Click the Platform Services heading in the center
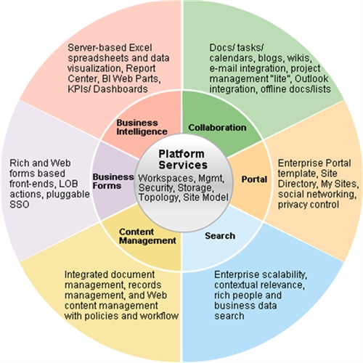[x=183, y=160]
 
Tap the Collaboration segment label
[x=217, y=128]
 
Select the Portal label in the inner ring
[x=254, y=179]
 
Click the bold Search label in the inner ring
[x=220, y=236]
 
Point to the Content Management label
[x=147, y=236]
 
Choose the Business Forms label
[x=113, y=181]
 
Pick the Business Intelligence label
[x=142, y=127]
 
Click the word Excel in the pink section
[x=140, y=48]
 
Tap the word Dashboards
[x=121, y=89]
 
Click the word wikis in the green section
[x=299, y=58]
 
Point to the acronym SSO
[x=20, y=205]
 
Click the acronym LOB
[x=68, y=184]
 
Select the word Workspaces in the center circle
[x=166, y=179]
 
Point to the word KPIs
[x=79, y=89]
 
